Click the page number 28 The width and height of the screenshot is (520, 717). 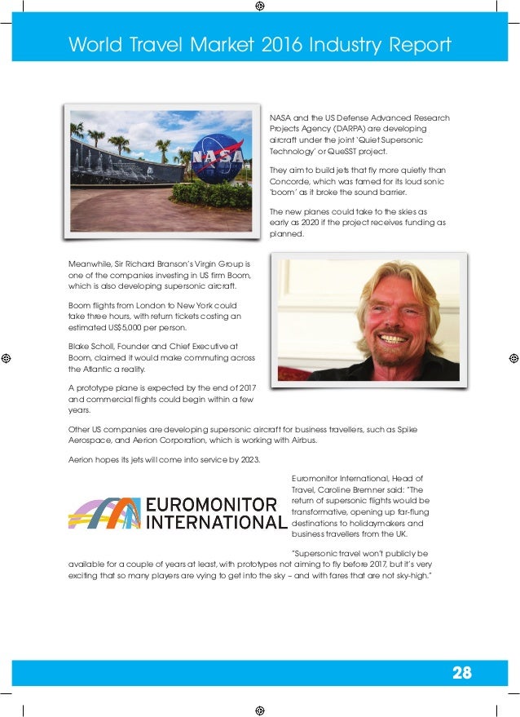461,673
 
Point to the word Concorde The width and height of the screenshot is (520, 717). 289,181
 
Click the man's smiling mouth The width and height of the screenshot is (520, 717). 394,337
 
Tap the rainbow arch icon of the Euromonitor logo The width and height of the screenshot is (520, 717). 104,513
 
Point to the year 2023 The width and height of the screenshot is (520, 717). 248,460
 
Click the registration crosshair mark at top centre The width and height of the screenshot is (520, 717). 259,6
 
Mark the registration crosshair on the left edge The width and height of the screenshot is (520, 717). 6,358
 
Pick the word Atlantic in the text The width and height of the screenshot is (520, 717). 102,370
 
